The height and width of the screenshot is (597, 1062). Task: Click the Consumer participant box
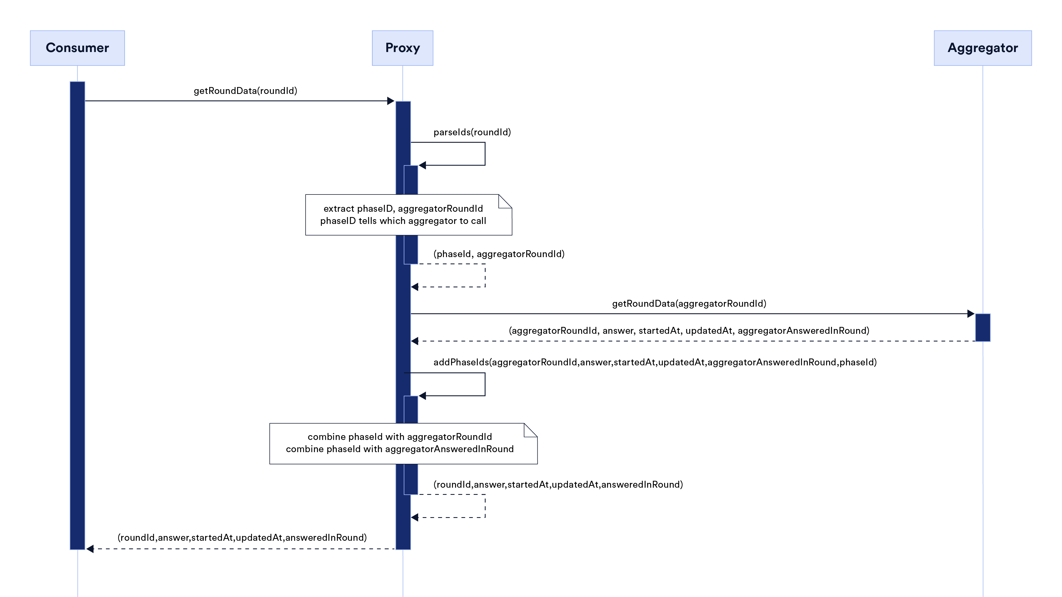click(77, 48)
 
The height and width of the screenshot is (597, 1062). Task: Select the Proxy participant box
click(402, 48)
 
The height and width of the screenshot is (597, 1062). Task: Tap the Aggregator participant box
click(982, 48)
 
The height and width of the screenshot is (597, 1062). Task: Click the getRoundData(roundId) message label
click(245, 91)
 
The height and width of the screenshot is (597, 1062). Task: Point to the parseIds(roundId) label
click(472, 132)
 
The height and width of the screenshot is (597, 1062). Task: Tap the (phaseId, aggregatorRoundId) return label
click(499, 254)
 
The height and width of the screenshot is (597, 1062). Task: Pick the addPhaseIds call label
click(655, 362)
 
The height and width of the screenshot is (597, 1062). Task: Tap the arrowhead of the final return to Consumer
click(90, 549)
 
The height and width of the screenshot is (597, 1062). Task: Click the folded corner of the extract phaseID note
click(505, 201)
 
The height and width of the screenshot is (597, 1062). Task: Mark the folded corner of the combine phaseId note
click(530, 430)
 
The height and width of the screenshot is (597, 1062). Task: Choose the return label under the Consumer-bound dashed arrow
click(242, 538)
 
